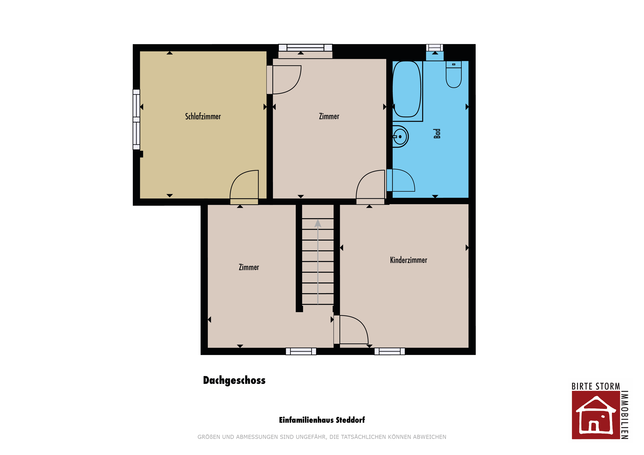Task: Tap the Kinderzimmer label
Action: [408, 260]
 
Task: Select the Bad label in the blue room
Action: [437, 134]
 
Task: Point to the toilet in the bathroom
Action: [454, 74]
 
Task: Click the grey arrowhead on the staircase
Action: [318, 223]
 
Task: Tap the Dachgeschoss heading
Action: [234, 380]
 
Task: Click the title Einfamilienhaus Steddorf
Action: [322, 420]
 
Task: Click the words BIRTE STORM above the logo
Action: [596, 386]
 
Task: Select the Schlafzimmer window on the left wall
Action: [136, 119]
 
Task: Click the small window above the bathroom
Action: [435, 48]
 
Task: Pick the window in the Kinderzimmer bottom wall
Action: [390, 351]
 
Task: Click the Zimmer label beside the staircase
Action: [249, 267]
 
